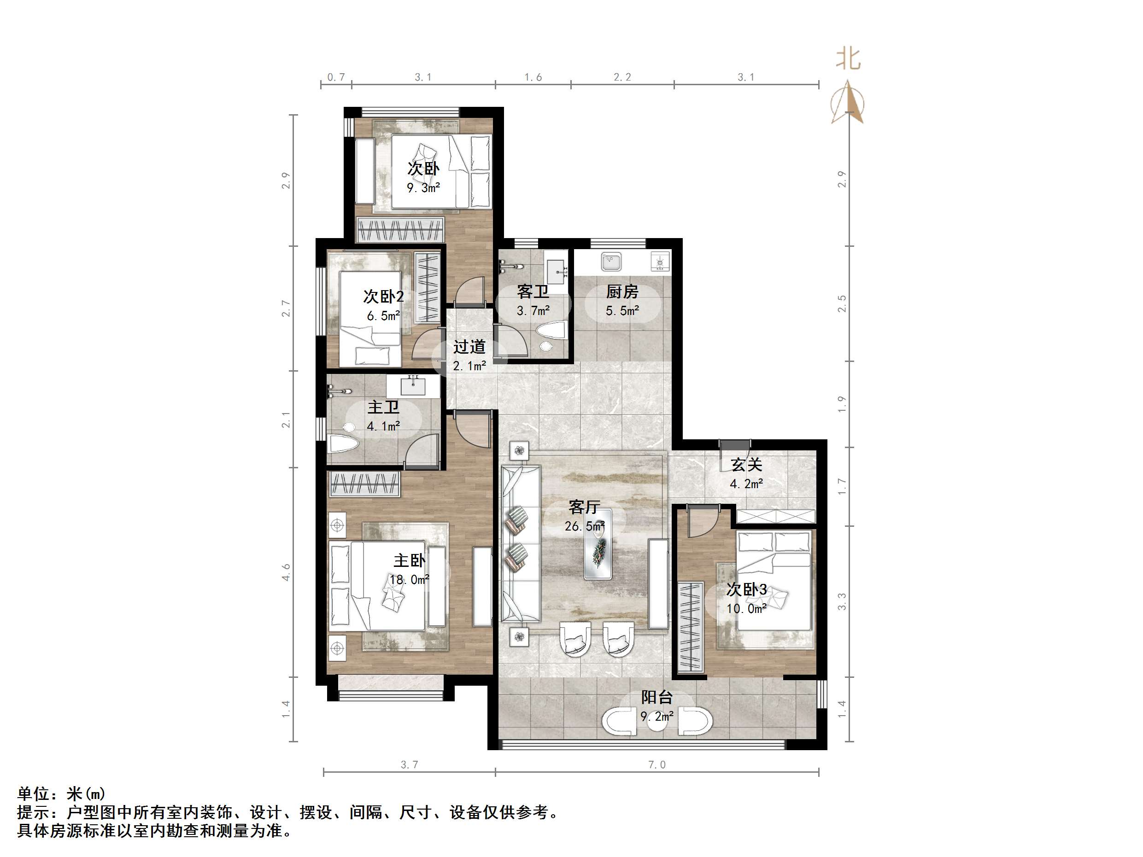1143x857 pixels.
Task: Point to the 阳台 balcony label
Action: (657, 697)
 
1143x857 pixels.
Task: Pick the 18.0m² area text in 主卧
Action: (409, 580)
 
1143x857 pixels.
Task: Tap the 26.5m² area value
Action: (585, 526)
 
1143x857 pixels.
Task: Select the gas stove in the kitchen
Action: (660, 262)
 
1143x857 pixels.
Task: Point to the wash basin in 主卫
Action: (412, 385)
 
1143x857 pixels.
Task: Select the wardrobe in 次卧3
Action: (691, 627)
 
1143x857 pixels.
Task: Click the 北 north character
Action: (849, 59)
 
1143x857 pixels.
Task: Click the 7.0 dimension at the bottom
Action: (657, 764)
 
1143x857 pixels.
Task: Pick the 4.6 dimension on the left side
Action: (286, 572)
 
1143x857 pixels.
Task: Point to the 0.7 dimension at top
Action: (336, 77)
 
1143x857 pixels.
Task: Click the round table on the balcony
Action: (657, 722)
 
